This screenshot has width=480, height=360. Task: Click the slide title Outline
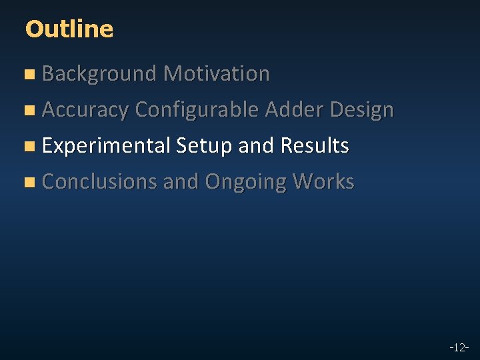coord(69,29)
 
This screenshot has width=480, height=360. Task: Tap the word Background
coord(99,74)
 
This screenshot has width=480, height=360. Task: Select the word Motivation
coord(217,73)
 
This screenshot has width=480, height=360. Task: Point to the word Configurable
coord(197,110)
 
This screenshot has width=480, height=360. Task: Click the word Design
coord(362,110)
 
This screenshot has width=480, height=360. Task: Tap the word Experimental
coord(106,146)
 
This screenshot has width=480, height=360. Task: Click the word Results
coord(315,145)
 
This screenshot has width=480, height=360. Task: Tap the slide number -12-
coord(459,347)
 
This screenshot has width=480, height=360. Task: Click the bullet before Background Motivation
coord(28,75)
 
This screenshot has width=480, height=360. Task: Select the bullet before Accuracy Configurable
coord(28,111)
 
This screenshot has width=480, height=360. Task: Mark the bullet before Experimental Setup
coord(28,147)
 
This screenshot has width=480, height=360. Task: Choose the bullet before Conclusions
coord(28,183)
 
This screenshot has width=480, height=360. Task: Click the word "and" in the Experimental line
coord(257,145)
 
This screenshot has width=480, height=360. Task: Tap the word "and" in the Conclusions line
coord(181,181)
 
